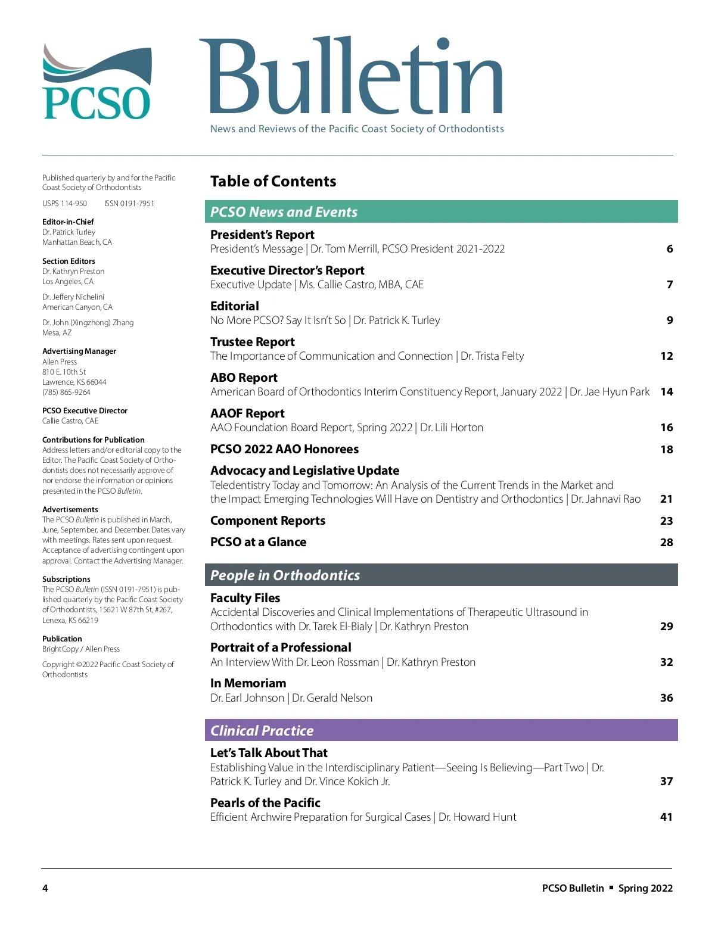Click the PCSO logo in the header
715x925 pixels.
[97, 82]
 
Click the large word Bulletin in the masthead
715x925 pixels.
[351, 77]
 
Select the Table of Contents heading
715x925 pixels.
[273, 181]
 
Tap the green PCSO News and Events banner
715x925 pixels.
[441, 211]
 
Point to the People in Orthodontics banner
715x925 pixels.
[441, 575]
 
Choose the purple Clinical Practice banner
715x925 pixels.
[441, 730]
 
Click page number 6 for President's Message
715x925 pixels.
[670, 249]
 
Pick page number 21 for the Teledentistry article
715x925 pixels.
[667, 499]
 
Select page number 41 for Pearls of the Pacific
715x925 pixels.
[667, 817]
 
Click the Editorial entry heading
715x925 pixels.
[235, 306]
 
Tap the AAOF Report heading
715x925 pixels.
[247, 413]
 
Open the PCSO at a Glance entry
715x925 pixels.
[258, 542]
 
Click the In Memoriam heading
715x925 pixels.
[248, 683]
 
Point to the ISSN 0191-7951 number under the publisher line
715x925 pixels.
[129, 204]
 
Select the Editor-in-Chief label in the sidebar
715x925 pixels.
[68, 222]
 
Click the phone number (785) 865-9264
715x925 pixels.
[66, 393]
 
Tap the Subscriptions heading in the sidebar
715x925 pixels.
[66, 579]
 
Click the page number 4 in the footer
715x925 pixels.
[45, 888]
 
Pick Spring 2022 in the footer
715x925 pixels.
[645, 888]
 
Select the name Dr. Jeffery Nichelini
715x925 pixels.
[73, 297]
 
